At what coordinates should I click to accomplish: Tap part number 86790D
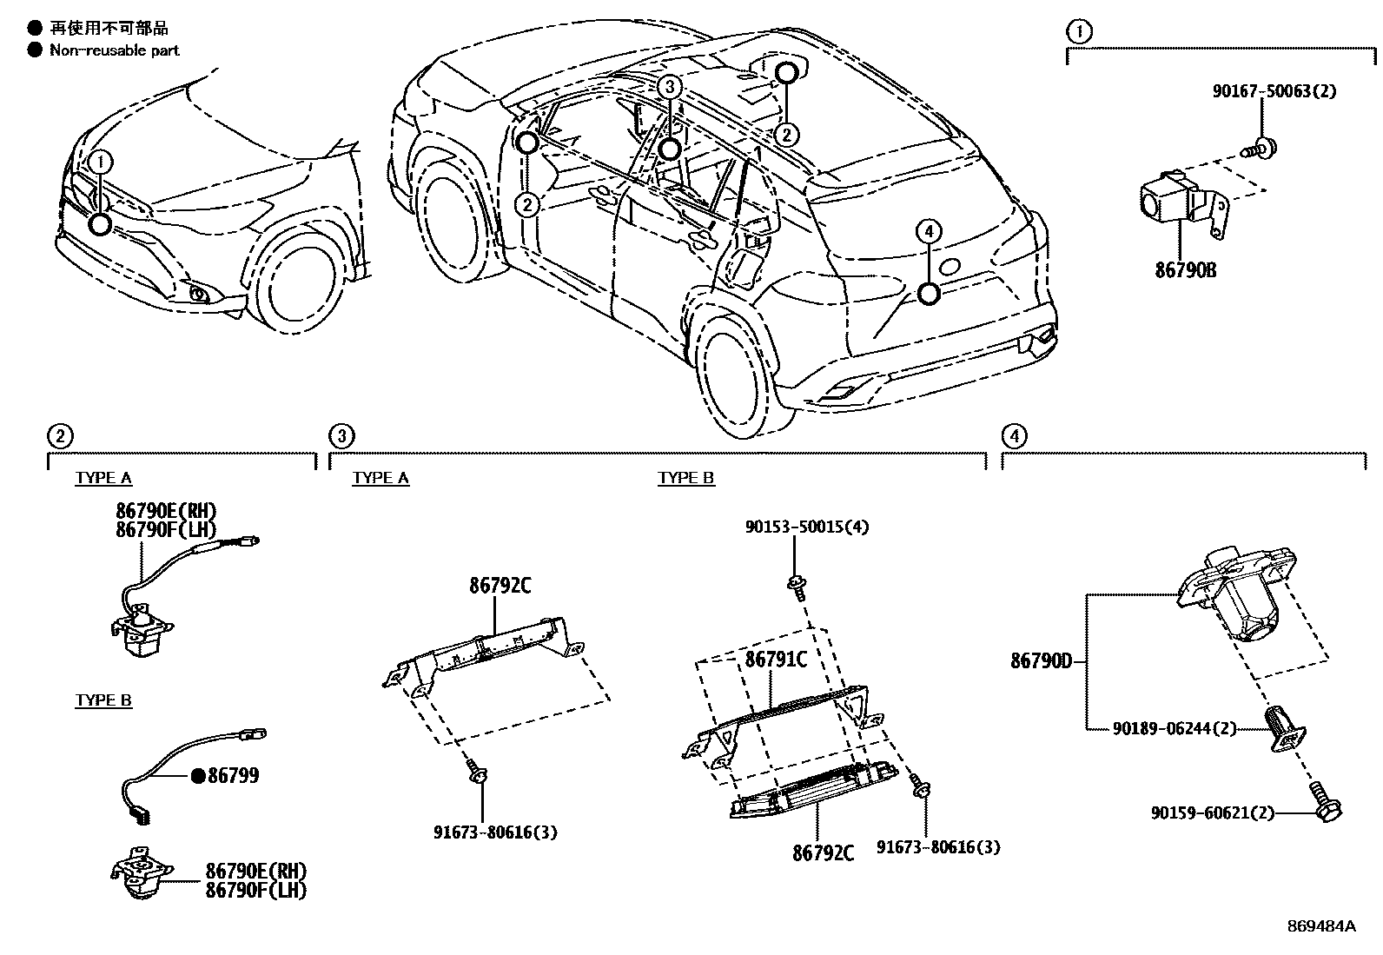(x=1041, y=661)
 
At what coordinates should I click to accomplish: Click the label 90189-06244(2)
(x=1174, y=728)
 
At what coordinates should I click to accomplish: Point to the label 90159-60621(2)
(x=1213, y=813)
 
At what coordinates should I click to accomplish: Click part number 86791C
(x=776, y=660)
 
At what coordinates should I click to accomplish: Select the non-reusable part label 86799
(x=233, y=776)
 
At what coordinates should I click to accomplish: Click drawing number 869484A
(x=1320, y=925)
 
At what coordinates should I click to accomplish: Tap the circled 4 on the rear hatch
(x=928, y=231)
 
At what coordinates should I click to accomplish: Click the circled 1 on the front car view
(x=101, y=162)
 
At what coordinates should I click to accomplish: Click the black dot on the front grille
(x=101, y=224)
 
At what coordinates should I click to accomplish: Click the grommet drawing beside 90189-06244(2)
(x=1285, y=728)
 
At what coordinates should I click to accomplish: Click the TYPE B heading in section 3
(x=685, y=478)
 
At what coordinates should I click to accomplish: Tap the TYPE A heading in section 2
(x=103, y=478)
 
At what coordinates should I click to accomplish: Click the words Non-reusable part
(x=114, y=50)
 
